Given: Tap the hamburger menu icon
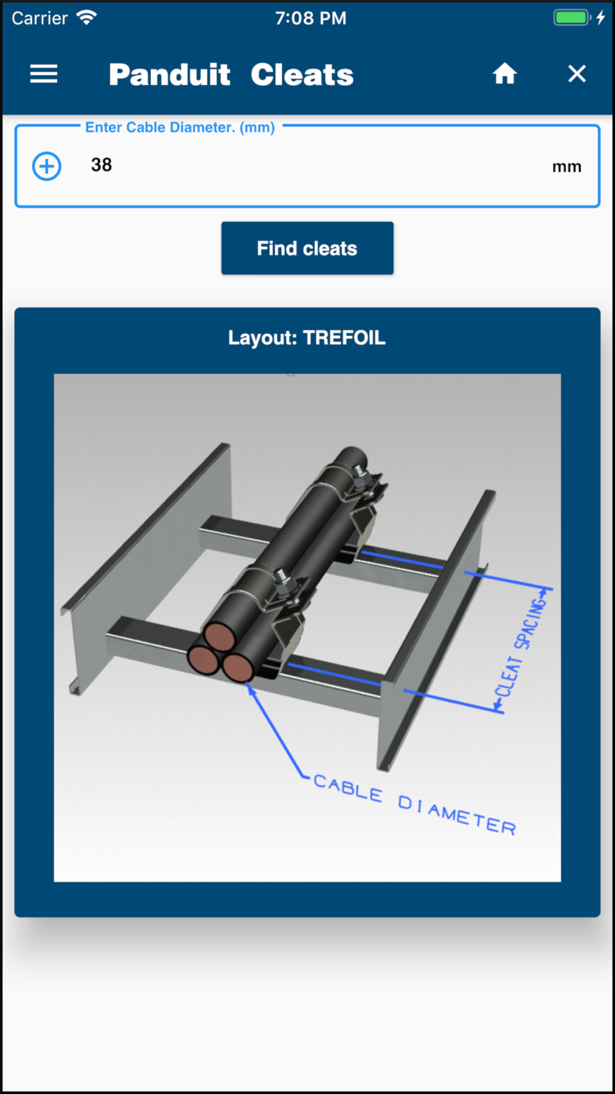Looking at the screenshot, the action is click(44, 74).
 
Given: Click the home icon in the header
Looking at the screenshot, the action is click(504, 73).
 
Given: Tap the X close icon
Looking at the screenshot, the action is click(577, 74).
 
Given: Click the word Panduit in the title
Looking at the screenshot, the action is click(170, 74).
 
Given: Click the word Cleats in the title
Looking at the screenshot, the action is click(302, 74).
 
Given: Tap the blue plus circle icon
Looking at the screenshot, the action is click(47, 166).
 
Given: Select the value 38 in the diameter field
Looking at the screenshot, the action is click(101, 165).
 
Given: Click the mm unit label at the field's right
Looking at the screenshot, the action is click(566, 167).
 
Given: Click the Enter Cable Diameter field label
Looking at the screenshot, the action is click(180, 127).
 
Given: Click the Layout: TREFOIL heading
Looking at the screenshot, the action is click(307, 338).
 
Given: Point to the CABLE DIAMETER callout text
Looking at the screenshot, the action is click(415, 804).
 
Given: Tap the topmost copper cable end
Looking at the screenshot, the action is click(220, 636).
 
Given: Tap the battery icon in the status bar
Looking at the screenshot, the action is click(572, 17).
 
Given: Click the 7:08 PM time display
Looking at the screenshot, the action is click(311, 18).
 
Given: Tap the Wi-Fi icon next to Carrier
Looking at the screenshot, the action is click(87, 17).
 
